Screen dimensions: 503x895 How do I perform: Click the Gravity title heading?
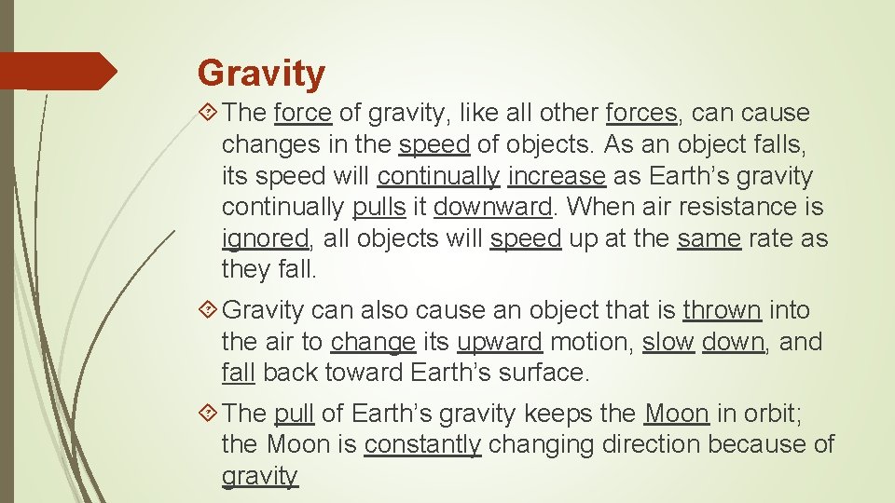(261, 73)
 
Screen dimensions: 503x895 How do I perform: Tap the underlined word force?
(303, 114)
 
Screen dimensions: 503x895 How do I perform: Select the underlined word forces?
(641, 114)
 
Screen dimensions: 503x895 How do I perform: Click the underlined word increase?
(557, 176)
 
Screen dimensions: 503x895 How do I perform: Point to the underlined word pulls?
(379, 207)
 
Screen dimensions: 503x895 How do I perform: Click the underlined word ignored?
(265, 239)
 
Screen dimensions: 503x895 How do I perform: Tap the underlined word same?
(709, 238)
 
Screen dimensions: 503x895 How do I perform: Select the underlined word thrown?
(723, 310)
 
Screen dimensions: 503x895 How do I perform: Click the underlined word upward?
(500, 342)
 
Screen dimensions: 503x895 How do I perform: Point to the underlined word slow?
(668, 342)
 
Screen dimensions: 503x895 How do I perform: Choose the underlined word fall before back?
(239, 374)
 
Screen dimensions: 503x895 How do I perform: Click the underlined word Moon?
(677, 413)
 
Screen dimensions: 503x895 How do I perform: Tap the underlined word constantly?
(422, 444)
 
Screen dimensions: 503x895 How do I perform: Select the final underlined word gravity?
(259, 477)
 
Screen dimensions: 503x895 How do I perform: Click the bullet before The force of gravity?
(209, 114)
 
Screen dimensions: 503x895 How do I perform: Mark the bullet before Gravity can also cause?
(209, 310)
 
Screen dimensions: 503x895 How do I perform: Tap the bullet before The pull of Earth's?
(209, 413)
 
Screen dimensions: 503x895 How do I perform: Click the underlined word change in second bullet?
(373, 342)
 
